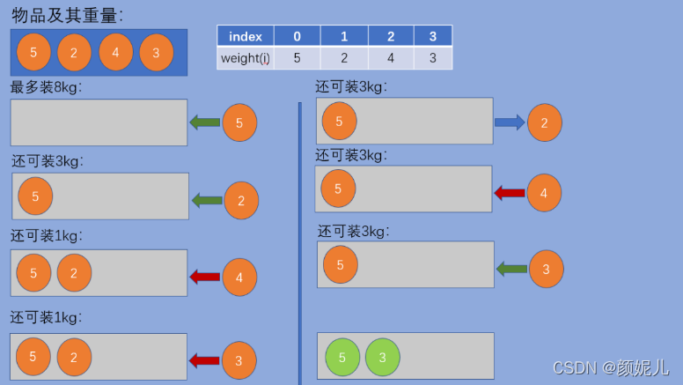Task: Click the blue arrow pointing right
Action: click(x=510, y=122)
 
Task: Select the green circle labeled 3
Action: click(x=382, y=357)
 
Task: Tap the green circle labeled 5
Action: click(x=342, y=357)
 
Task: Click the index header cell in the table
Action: click(x=246, y=36)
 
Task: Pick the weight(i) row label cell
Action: click(x=246, y=58)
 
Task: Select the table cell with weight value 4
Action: click(x=390, y=58)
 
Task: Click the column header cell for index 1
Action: click(x=343, y=36)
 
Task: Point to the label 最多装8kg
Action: click(x=46, y=88)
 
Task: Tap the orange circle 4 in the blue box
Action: click(x=115, y=52)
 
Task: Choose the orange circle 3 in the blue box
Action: click(x=156, y=52)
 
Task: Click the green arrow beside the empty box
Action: click(x=205, y=122)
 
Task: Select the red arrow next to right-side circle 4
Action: click(x=510, y=192)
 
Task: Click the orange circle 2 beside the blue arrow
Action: click(x=544, y=122)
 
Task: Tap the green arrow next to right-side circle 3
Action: click(x=511, y=268)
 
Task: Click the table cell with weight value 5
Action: click(x=297, y=58)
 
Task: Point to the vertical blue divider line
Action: click(x=299, y=238)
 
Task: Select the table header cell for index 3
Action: click(x=432, y=36)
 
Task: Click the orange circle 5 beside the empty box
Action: click(x=239, y=122)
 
